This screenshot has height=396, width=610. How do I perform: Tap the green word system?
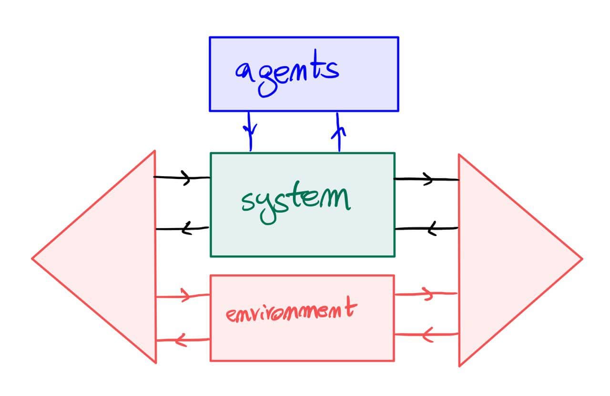[x=295, y=202]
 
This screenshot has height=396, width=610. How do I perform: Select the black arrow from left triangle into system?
[x=182, y=178]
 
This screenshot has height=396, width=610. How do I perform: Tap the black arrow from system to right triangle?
[x=426, y=179]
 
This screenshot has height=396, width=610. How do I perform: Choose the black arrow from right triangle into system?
[x=427, y=229]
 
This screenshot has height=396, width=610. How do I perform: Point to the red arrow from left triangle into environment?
[x=183, y=296]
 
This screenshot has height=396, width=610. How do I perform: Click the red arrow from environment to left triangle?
[x=183, y=339]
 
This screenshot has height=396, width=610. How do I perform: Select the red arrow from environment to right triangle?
[x=426, y=294]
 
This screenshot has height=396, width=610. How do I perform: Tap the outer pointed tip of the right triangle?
[x=581, y=259]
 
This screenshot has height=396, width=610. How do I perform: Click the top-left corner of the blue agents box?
[x=210, y=38]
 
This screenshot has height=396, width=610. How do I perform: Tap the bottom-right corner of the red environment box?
[x=394, y=360]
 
